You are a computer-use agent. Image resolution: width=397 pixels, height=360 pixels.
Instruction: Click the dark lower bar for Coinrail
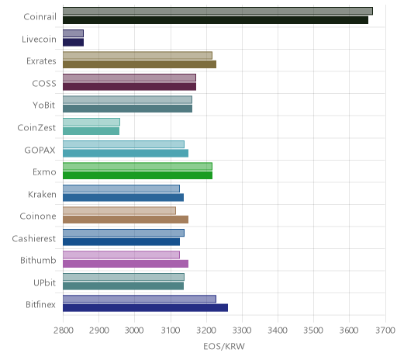[x=216, y=20]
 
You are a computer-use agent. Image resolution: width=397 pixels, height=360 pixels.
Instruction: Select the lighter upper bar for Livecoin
[x=73, y=33]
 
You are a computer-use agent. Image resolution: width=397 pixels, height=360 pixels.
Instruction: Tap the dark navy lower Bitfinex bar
[x=145, y=308]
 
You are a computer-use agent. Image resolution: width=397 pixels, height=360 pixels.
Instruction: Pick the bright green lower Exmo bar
[x=137, y=175]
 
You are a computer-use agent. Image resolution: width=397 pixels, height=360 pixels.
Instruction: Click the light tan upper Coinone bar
[x=119, y=210]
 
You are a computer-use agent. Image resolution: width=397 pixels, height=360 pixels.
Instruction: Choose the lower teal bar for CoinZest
[x=91, y=131]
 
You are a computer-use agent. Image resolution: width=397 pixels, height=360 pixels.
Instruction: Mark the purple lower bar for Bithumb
[x=126, y=264]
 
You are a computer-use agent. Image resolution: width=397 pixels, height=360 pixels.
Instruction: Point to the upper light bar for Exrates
[x=137, y=55]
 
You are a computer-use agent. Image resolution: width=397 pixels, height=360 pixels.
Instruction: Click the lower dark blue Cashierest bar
[x=121, y=241]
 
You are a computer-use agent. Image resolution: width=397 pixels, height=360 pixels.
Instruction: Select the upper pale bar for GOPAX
[x=123, y=144]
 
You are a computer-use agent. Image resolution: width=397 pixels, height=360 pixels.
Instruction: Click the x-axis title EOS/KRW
[x=224, y=347]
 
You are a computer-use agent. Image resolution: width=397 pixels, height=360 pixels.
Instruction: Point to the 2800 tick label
[x=63, y=331]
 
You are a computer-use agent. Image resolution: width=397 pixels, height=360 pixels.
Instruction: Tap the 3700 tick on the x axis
[x=385, y=331]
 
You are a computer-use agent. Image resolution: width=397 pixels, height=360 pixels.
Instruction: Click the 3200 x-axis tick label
[x=206, y=331]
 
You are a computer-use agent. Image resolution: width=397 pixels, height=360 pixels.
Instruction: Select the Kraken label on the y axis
[x=42, y=194]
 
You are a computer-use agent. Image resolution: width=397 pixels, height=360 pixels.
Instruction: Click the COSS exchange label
[x=44, y=84]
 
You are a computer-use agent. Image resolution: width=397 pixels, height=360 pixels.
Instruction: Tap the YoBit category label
[x=44, y=106]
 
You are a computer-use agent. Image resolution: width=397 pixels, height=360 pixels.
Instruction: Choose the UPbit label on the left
[x=44, y=282]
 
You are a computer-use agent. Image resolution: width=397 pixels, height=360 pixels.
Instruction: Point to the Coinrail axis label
[x=40, y=17]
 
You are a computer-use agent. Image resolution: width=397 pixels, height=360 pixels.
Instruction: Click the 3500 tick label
[x=313, y=331]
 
